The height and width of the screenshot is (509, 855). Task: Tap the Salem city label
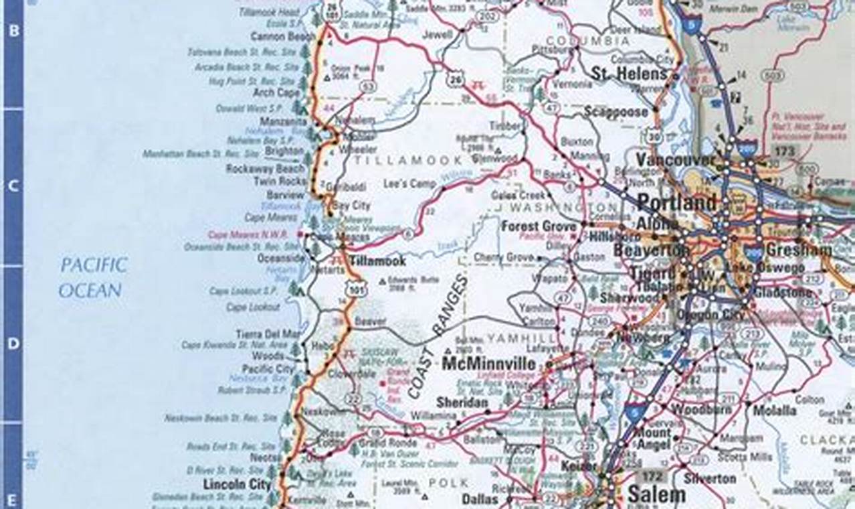click(656, 495)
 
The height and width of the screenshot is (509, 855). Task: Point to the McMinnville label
click(489, 364)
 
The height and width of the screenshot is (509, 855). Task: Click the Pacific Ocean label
click(93, 277)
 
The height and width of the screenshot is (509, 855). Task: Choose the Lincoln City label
click(238, 484)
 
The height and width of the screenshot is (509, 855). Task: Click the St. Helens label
click(629, 74)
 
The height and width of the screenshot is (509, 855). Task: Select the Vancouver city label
click(676, 160)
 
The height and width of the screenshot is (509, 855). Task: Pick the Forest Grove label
click(539, 226)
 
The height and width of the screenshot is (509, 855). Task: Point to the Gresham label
click(798, 250)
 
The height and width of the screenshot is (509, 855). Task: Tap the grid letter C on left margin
click(13, 186)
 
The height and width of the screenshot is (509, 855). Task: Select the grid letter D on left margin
click(13, 344)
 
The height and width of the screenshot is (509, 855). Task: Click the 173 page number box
click(784, 152)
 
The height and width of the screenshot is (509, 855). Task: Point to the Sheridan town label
click(462, 403)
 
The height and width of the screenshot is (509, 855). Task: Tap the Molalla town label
click(774, 411)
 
